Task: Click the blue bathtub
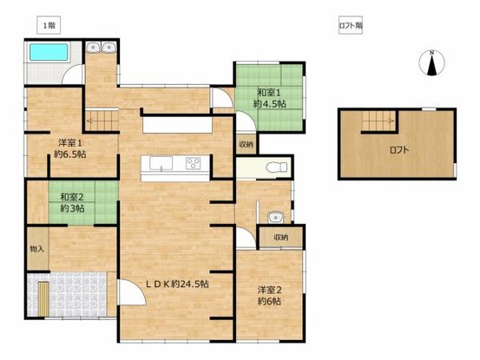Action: pyautogui.click(x=49, y=52)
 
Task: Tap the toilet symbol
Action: pyautogui.click(x=276, y=167)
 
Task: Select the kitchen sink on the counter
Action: pyautogui.click(x=161, y=162)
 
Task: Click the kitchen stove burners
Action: pyautogui.click(x=194, y=163)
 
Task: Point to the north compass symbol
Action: pyautogui.click(x=431, y=62)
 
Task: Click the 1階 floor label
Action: pyautogui.click(x=49, y=25)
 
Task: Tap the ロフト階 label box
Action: pyautogui.click(x=351, y=25)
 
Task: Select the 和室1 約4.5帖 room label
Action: pyautogui.click(x=269, y=98)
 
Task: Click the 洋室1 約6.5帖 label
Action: pyautogui.click(x=70, y=148)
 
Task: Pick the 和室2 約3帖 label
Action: pyautogui.click(x=72, y=202)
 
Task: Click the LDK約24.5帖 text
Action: pyautogui.click(x=177, y=285)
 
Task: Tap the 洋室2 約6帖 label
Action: pyautogui.click(x=269, y=296)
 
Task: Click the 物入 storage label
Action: pyautogui.click(x=37, y=249)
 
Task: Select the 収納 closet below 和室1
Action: pyautogui.click(x=247, y=144)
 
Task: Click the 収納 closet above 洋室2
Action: pyautogui.click(x=280, y=238)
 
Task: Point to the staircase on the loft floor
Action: pyautogui.click(x=379, y=121)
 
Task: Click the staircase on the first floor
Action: pyautogui.click(x=102, y=121)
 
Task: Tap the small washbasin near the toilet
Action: pyautogui.click(x=275, y=218)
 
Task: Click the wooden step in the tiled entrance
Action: pyautogui.click(x=43, y=299)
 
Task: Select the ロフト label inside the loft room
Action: pyautogui.click(x=399, y=150)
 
